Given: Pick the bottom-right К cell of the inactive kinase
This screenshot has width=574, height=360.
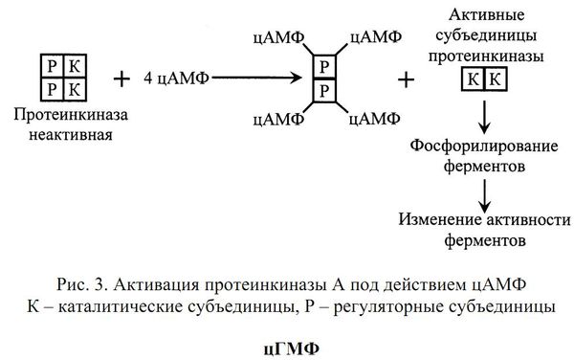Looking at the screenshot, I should coord(66,88).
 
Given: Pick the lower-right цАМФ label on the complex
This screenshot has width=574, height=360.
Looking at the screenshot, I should coord(376,119).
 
